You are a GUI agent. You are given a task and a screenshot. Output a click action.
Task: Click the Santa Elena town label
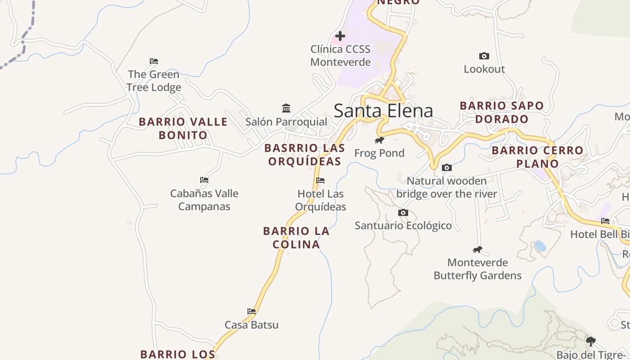click(x=383, y=111)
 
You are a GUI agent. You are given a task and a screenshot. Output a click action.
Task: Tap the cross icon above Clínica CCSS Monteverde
click(x=340, y=36)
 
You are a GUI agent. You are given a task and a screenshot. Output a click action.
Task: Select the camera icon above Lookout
click(x=484, y=56)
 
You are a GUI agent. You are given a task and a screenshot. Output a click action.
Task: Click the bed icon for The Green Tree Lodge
click(x=154, y=61)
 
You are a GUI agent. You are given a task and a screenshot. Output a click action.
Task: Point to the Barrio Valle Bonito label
click(x=183, y=128)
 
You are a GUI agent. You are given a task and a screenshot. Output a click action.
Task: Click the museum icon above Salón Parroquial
click(x=286, y=108)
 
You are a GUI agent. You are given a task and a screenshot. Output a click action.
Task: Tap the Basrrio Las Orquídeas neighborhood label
click(x=305, y=154)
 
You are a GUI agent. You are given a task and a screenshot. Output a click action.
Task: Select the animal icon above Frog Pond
click(x=379, y=140)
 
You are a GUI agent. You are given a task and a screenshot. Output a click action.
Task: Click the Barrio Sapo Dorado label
click(x=502, y=112)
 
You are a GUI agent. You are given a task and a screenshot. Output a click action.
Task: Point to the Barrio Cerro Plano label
click(x=537, y=157)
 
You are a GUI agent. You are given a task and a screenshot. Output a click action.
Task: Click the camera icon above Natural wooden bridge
click(x=447, y=168)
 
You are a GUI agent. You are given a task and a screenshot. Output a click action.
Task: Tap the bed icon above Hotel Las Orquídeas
click(x=320, y=180)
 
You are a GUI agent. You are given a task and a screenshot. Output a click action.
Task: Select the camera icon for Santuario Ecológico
click(x=403, y=212)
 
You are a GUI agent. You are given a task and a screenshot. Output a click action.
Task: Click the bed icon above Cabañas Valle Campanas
click(x=204, y=180)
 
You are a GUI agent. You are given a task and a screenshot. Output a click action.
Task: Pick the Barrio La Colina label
click(x=296, y=238)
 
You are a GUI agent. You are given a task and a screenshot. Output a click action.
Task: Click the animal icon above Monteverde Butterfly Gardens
click(x=477, y=249)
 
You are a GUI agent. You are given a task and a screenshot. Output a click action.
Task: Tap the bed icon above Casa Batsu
click(x=252, y=311)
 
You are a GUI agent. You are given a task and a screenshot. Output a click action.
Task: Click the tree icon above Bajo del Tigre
click(x=591, y=342)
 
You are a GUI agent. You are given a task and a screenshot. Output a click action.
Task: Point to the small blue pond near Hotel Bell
click(x=540, y=246)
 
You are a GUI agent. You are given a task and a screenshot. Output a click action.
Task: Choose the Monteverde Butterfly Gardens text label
click(x=477, y=269)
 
